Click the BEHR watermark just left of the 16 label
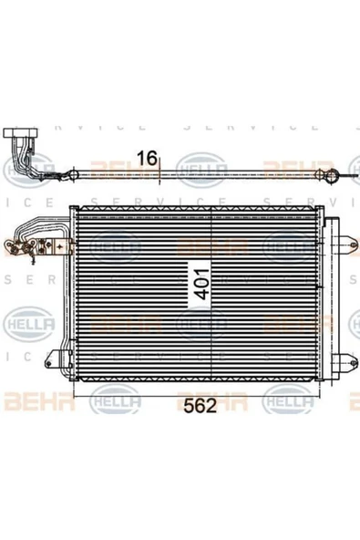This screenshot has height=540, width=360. [109, 167]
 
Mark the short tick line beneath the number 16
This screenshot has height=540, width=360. [159, 173]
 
